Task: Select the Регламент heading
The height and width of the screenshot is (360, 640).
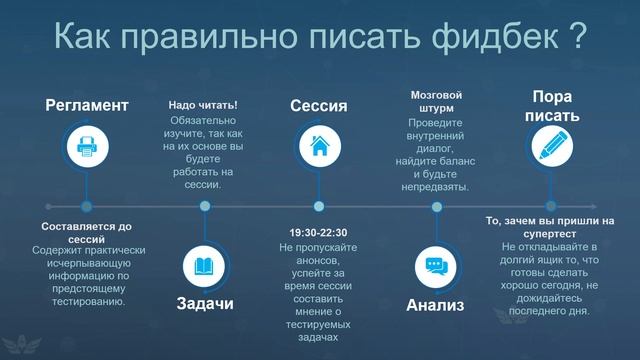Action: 86,105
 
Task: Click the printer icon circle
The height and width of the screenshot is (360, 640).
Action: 87,147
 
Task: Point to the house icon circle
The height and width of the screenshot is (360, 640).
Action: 319,147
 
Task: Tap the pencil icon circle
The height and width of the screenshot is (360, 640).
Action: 551,147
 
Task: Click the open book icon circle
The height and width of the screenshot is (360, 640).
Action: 204,266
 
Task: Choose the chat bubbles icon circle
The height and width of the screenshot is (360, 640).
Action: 435,266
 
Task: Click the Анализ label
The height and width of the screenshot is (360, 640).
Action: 436,304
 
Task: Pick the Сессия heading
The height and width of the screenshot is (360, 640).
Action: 319,105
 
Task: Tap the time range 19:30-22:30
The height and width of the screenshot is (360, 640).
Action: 319,232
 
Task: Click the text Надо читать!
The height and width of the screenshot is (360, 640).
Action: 203,105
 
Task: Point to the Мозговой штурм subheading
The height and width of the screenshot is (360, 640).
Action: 435,103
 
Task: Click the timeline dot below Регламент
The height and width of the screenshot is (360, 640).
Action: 87,207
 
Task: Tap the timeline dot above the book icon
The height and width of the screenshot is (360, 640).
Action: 204,207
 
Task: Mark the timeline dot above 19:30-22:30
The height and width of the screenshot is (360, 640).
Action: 319,207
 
